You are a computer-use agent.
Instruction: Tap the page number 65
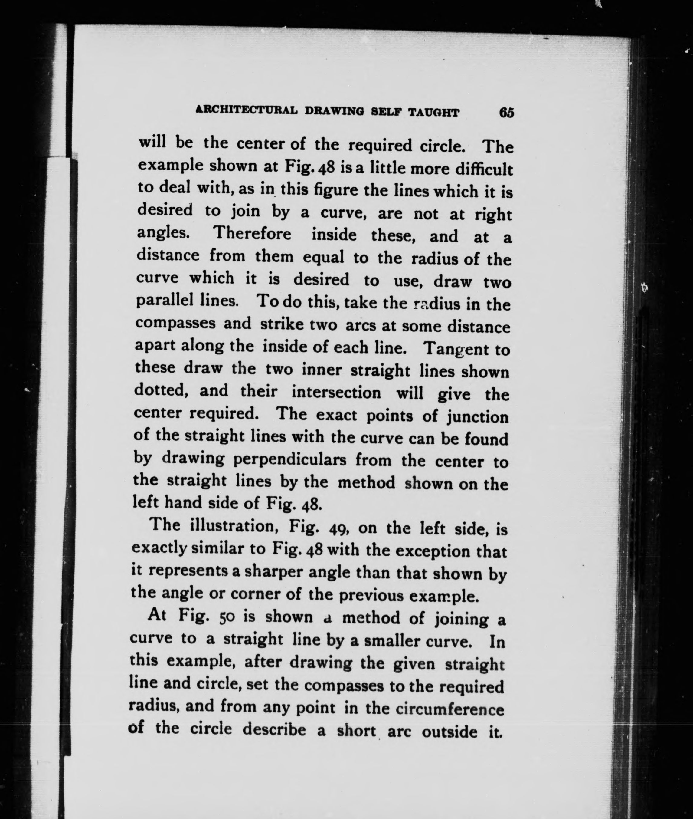pos(506,113)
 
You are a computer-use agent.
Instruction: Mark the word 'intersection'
pos(336,393)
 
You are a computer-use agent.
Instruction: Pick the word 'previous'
pos(371,596)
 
